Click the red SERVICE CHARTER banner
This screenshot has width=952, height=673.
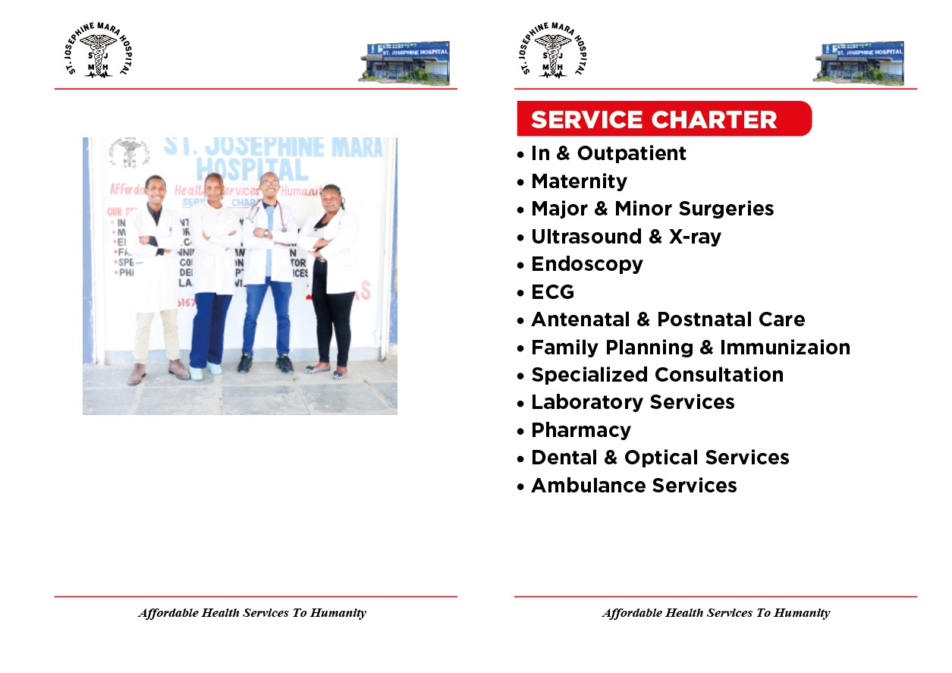663,119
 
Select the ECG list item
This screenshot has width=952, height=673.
552,292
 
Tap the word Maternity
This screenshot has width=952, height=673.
579,181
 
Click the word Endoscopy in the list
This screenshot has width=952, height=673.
586,264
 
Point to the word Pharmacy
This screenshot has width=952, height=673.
580,430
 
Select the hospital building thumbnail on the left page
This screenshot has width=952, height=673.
404,63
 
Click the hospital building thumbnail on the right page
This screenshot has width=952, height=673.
859,63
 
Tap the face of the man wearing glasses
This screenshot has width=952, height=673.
269,184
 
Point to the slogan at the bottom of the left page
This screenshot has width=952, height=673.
252,613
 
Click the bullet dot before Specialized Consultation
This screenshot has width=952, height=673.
520,376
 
